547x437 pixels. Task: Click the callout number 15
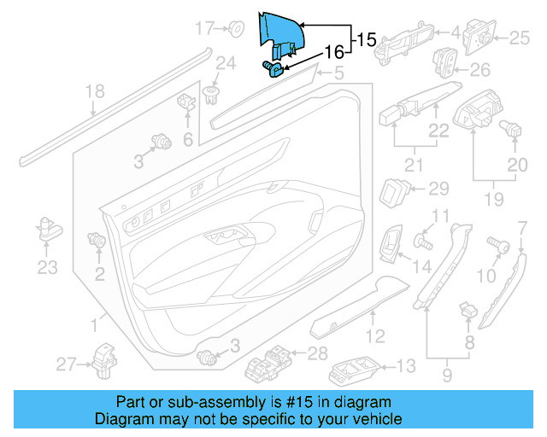coord(366,38)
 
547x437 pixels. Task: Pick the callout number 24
coord(225,62)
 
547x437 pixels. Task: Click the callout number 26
coord(480,69)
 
